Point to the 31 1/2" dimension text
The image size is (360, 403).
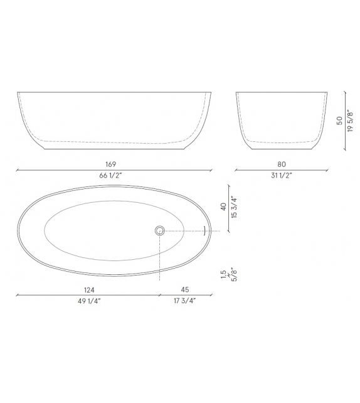pos(282,176)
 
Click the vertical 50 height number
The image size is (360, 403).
pos(339,121)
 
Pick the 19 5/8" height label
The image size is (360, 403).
pos(350,121)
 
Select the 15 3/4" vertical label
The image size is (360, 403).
pos(234,207)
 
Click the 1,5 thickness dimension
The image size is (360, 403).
pos(223,274)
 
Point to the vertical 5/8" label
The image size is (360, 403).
pos(234,274)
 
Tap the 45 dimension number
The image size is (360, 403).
pos(186,290)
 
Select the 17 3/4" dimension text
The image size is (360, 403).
pos(186,302)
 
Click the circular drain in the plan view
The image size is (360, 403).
pos(160,230)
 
